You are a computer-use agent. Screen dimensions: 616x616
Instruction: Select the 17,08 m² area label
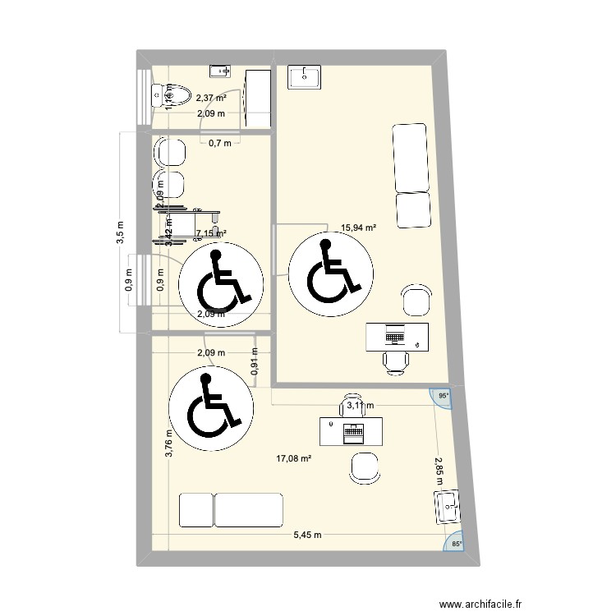coord(293,459)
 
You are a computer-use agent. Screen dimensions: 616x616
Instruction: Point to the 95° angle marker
coord(444,396)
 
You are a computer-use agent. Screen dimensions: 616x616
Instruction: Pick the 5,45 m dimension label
coord(308,535)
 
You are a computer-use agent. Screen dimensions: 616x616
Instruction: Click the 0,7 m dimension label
coord(219,143)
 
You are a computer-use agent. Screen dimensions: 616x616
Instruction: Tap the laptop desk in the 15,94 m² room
coord(398,335)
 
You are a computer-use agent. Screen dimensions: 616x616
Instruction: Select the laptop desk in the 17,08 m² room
coord(352,430)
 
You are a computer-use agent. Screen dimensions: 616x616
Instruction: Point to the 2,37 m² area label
coord(211,99)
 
